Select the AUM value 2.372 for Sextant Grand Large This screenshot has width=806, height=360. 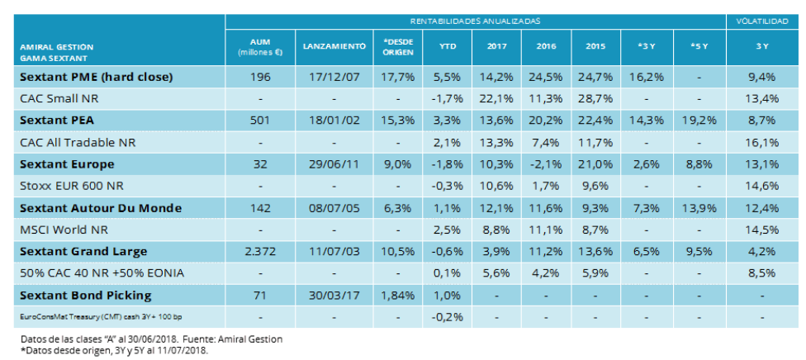[260, 251]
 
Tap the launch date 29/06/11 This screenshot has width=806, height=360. [334, 164]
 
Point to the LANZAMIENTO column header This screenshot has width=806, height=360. [334, 47]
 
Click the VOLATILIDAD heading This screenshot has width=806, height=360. [761, 20]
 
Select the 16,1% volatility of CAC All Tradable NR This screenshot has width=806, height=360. [761, 143]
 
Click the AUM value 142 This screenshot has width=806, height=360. [260, 208]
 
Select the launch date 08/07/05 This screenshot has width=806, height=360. [334, 208]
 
